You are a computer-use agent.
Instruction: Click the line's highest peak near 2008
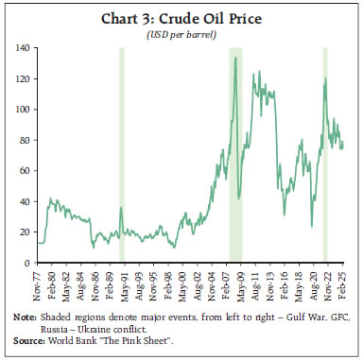click(x=234, y=58)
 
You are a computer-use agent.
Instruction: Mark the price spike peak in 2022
click(x=325, y=78)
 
